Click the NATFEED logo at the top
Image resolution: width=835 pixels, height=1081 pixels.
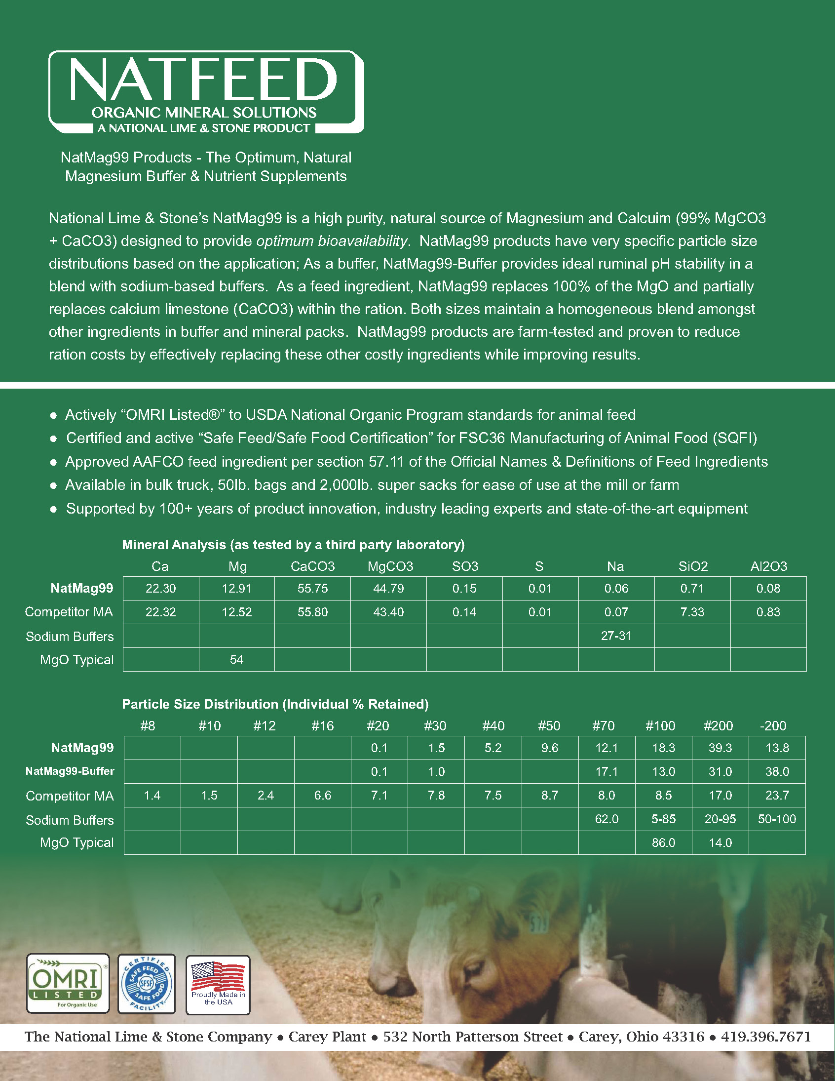tap(206, 92)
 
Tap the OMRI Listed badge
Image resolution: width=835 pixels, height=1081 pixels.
tap(68, 983)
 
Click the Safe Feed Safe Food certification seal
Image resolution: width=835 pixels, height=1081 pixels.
tap(147, 983)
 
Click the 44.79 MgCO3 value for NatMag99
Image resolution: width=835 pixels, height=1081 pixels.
tap(388, 589)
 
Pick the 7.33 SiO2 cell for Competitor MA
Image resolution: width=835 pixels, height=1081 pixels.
tap(692, 612)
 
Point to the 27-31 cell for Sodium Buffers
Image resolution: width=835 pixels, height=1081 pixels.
tap(616, 636)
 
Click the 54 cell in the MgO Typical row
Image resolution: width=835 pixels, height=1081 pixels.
tap(236, 660)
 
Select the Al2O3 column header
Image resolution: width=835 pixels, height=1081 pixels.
tap(768, 567)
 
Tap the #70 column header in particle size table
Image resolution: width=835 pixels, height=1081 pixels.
tap(604, 726)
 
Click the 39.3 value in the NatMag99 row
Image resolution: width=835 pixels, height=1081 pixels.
tap(720, 748)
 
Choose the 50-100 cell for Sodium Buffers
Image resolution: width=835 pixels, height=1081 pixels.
tap(777, 819)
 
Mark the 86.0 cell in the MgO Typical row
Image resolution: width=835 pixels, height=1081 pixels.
tap(663, 843)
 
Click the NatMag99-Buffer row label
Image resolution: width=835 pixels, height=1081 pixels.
tap(70, 771)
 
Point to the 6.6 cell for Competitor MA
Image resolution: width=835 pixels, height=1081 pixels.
tap(323, 796)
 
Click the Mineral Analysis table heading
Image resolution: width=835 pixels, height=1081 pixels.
tap(293, 545)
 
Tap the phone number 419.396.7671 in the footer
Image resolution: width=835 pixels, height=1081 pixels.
tap(765, 1037)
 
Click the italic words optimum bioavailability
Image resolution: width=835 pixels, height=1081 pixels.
tap(332, 241)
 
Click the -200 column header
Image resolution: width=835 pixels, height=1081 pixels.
tap(773, 726)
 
